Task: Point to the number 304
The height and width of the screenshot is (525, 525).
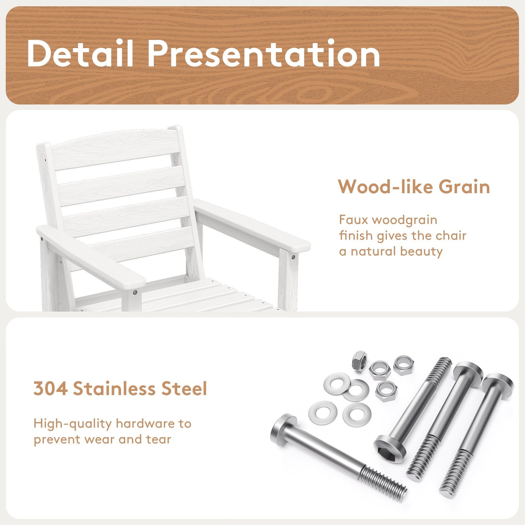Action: click(x=50, y=388)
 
